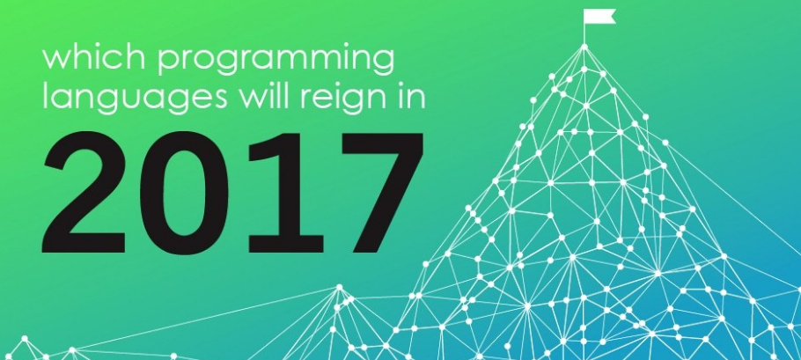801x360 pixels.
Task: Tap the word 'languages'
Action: pos(135,97)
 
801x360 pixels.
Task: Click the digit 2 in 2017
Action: pos(85,192)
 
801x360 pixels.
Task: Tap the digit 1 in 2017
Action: pos(284,193)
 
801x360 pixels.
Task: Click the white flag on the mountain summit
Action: pos(599,17)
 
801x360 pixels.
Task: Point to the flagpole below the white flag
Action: pos(584,28)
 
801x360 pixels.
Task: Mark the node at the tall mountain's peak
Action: pos(584,47)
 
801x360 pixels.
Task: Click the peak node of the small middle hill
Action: pos(339,288)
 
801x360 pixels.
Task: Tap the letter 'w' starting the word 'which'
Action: pos(56,60)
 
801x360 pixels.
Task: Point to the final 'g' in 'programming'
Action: pos(383,65)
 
